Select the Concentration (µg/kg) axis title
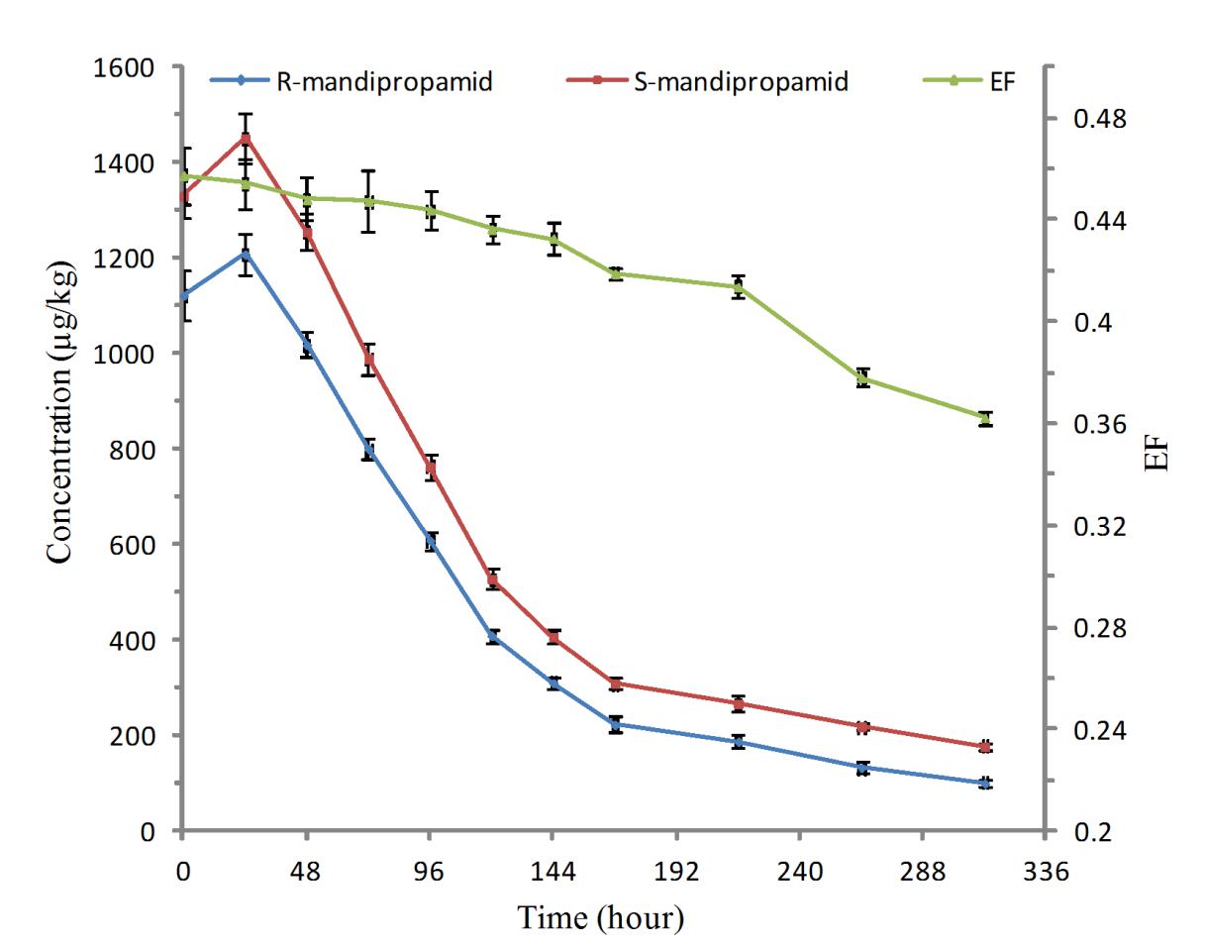point(62,416)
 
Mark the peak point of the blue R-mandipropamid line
point(245,254)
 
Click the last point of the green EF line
point(985,418)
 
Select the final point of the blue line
point(985,783)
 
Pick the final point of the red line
point(985,747)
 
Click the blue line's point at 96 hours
point(431,541)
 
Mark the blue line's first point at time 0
point(183,295)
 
